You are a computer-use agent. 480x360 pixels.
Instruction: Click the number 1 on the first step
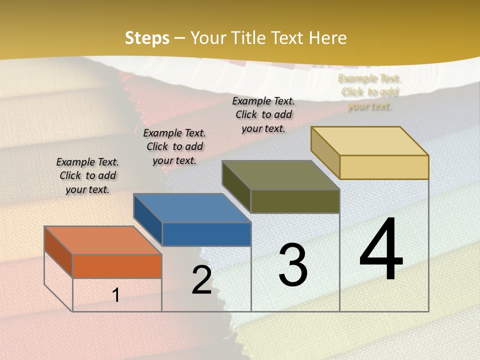[116, 295]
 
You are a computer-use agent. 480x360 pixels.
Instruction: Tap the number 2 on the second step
[201, 280]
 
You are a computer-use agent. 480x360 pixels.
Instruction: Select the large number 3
[293, 265]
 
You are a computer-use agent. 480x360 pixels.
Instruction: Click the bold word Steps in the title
[147, 38]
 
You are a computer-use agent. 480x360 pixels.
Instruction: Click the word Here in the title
[327, 38]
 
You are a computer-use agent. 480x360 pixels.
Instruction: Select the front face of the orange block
[117, 266]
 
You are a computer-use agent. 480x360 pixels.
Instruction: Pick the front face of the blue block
[206, 234]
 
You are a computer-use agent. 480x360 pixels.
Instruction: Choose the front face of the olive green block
[295, 201]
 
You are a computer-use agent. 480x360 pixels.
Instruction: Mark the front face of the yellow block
[384, 167]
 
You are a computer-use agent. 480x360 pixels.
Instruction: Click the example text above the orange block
[87, 175]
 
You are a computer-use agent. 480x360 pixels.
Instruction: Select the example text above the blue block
[174, 146]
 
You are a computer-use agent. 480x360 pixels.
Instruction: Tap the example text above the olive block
[263, 114]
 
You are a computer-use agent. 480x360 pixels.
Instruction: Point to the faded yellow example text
[369, 92]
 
